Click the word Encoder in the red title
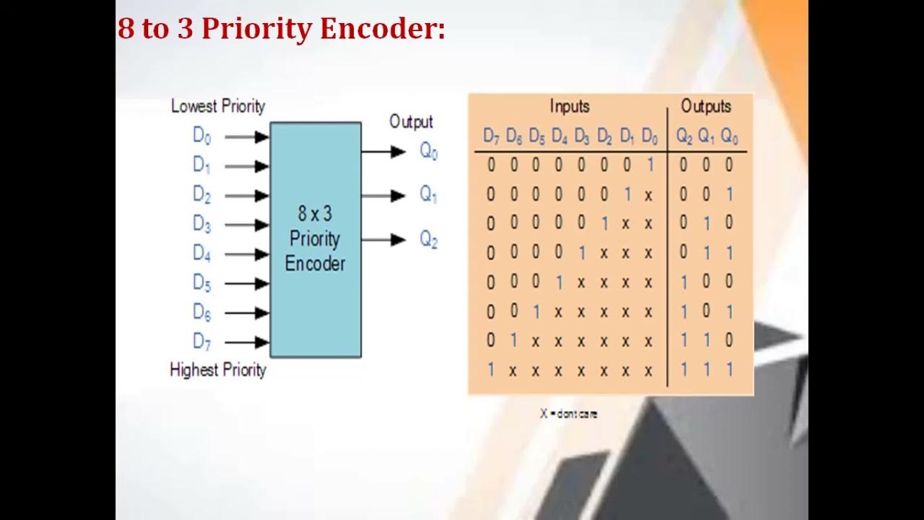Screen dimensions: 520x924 tap(382, 29)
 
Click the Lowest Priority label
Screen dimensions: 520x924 tap(218, 106)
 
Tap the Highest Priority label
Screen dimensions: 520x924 tap(218, 370)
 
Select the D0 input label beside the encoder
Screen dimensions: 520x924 tap(201, 136)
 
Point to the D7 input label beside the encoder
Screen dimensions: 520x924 tap(201, 341)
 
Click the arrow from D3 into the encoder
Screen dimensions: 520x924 tap(246, 225)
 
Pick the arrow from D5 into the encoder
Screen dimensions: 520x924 tap(246, 284)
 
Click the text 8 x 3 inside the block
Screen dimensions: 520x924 tap(315, 214)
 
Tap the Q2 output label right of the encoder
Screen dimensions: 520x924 tap(429, 240)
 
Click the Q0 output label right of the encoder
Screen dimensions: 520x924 tap(429, 152)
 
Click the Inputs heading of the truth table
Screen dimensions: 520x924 tap(570, 107)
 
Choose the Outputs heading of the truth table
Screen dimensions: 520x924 tap(706, 107)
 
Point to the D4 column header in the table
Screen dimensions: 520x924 tap(559, 136)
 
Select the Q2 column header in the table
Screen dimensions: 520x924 tap(684, 136)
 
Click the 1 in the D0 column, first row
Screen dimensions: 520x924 tap(650, 165)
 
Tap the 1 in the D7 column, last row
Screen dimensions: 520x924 tap(491, 370)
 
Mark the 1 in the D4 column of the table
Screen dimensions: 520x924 tap(559, 282)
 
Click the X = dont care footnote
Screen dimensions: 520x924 tap(569, 414)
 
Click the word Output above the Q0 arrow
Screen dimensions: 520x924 tap(411, 121)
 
